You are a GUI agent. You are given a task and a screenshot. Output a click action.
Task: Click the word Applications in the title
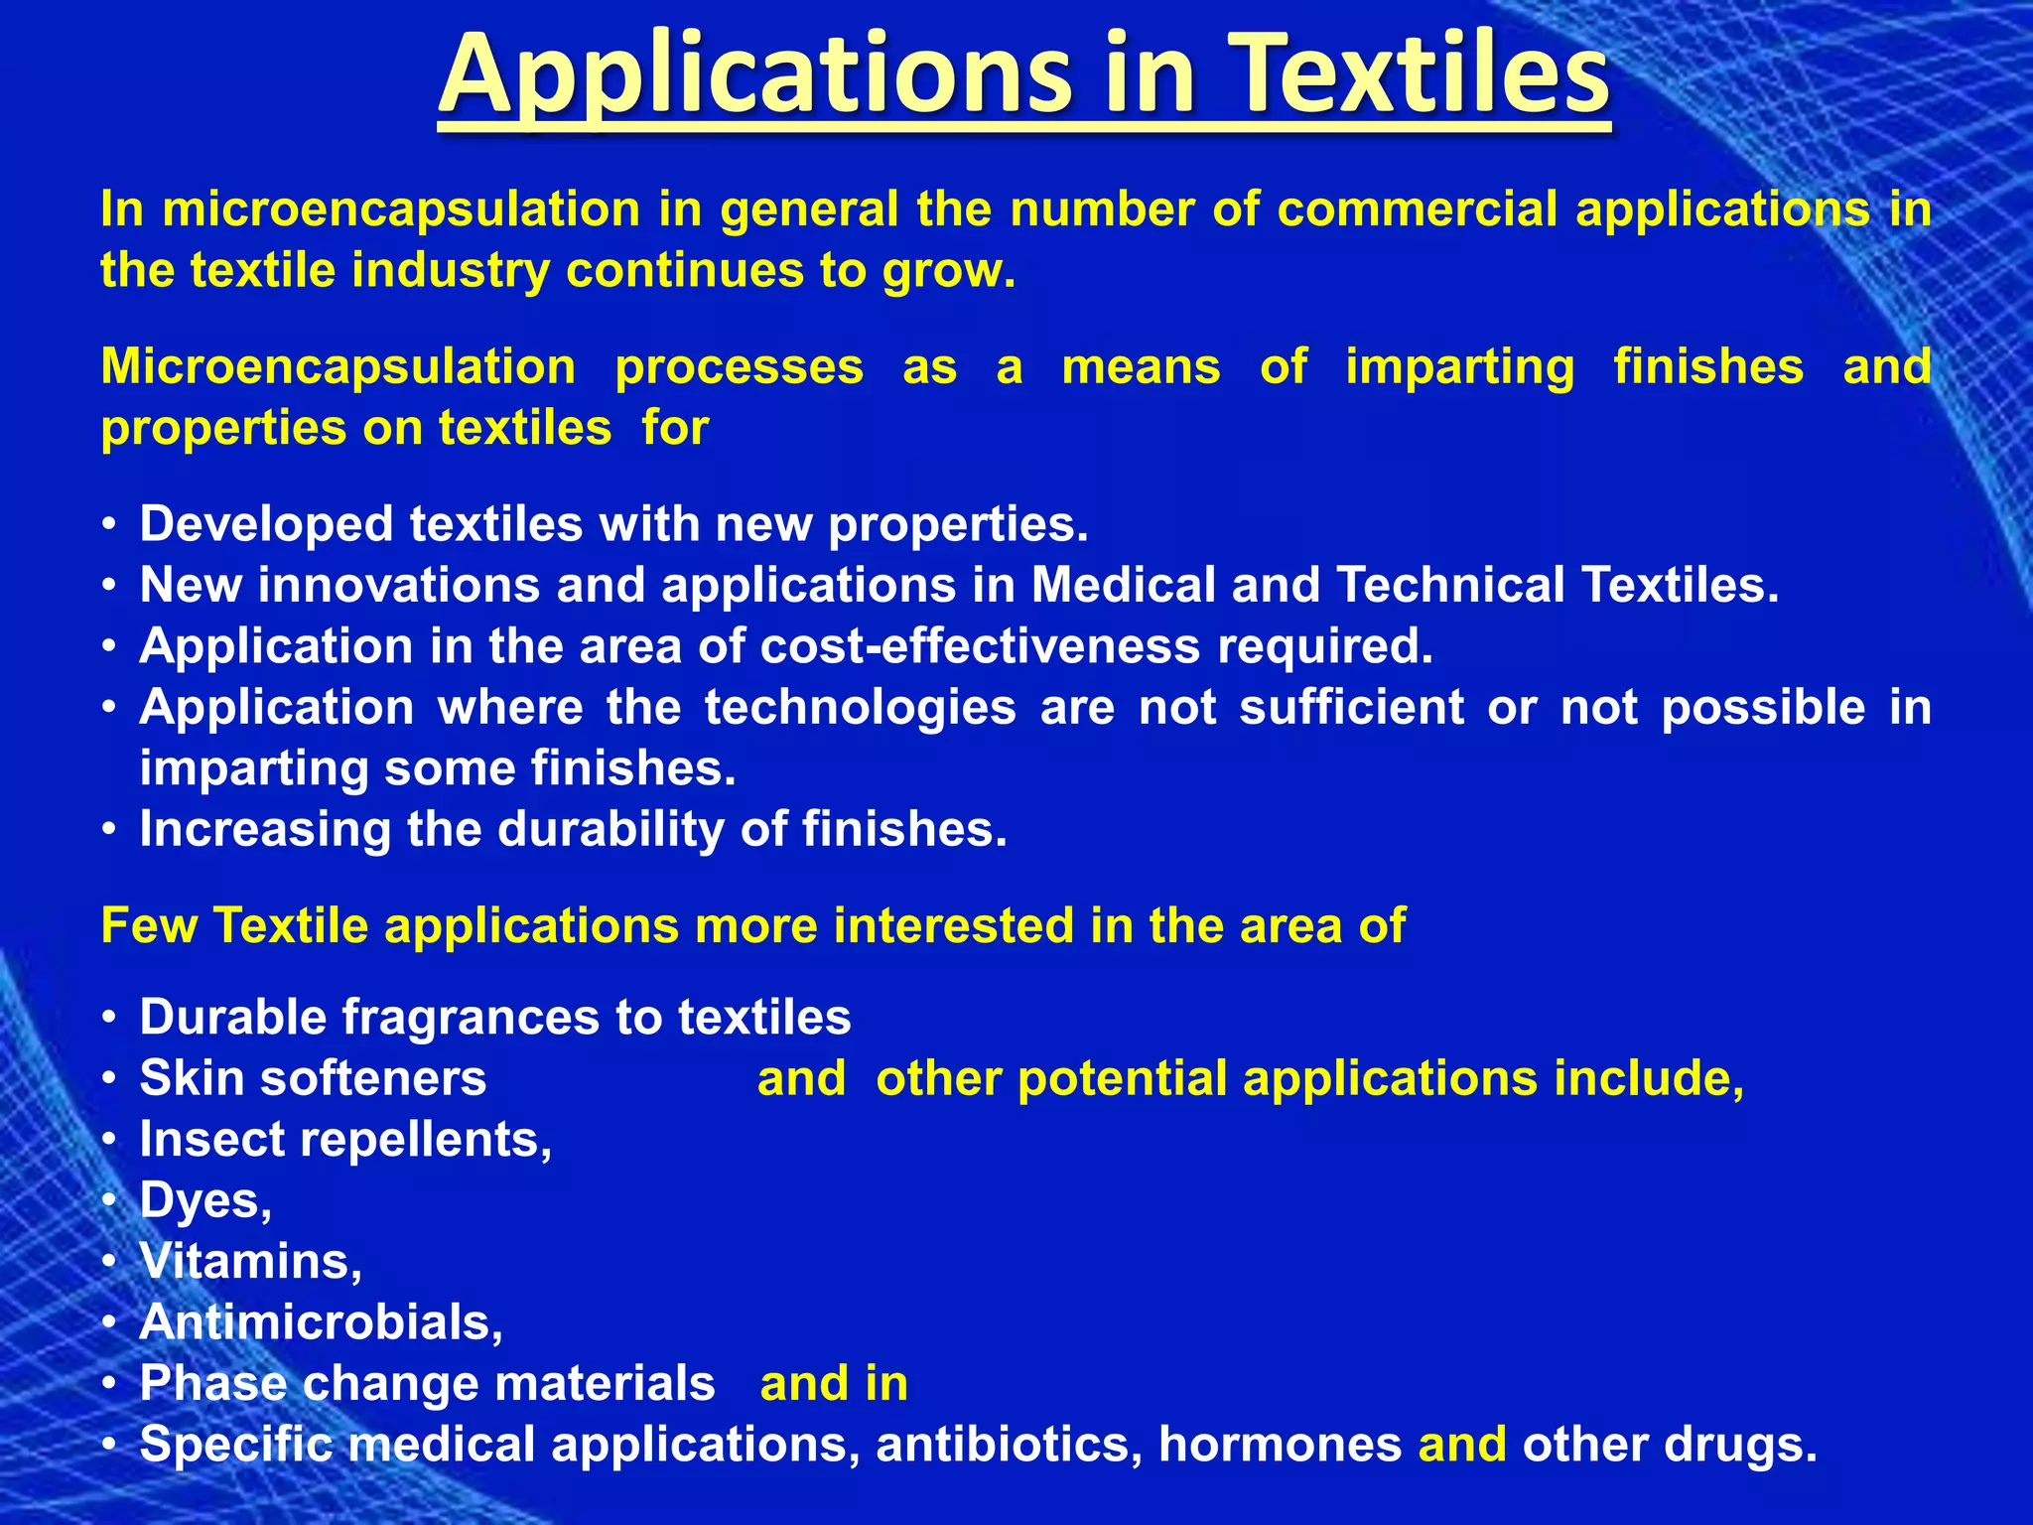click(x=755, y=74)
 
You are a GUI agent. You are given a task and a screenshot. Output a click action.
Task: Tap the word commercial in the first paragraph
click(x=1418, y=209)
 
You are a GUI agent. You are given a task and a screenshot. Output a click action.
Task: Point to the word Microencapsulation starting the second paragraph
click(x=339, y=367)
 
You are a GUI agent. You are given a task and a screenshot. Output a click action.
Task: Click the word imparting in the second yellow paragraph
click(x=1459, y=367)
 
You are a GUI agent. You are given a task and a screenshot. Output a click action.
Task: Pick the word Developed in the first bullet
click(x=267, y=524)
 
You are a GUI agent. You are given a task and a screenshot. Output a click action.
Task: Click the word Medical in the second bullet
click(x=1123, y=585)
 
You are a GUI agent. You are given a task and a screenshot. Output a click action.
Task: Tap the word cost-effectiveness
click(x=981, y=646)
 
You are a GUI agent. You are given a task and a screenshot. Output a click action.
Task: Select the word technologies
click(x=861, y=707)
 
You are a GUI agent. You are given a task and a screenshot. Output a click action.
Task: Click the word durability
click(x=610, y=829)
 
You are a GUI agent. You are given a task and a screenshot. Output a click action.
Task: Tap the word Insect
click(x=211, y=1139)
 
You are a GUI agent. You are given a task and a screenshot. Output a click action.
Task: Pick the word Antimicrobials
click(x=321, y=1322)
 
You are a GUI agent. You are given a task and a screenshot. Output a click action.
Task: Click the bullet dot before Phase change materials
click(x=112, y=1384)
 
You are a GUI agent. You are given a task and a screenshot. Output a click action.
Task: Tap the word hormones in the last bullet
click(x=1280, y=1445)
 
